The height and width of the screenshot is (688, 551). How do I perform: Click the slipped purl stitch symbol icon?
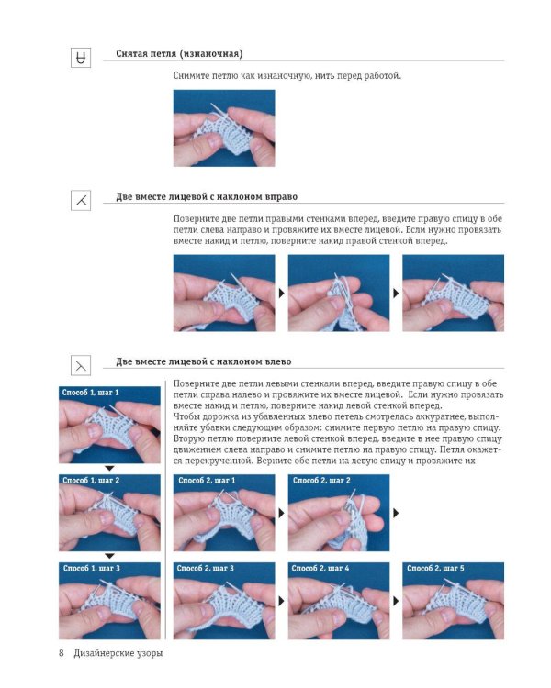(81, 58)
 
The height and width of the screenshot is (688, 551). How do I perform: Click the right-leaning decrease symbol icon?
(81, 201)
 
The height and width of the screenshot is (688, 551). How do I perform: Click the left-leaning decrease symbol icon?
(81, 365)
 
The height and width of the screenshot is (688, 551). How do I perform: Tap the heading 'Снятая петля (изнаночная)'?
(179, 54)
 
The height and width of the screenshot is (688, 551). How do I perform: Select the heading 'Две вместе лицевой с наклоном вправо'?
(207, 196)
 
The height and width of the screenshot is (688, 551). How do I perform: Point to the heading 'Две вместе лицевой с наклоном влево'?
(204, 361)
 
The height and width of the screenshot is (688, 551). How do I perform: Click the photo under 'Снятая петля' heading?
(224, 128)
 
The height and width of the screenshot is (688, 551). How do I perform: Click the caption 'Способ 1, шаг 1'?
(91, 393)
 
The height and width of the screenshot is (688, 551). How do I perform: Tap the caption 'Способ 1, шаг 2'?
(91, 480)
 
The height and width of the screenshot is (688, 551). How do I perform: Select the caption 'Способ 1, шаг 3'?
(92, 568)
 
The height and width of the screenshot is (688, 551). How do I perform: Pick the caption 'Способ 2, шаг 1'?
(207, 481)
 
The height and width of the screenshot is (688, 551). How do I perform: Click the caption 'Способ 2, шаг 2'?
(321, 481)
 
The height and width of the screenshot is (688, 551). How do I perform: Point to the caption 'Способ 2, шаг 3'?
(205, 568)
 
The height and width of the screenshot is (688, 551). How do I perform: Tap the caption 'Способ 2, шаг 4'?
(320, 568)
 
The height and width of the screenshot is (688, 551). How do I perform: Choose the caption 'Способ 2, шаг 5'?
(435, 568)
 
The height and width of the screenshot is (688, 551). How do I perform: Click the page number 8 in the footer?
(62, 653)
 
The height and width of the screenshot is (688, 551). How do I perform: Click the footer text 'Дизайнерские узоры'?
(118, 653)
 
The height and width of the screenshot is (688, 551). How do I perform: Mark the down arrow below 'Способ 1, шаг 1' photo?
(109, 469)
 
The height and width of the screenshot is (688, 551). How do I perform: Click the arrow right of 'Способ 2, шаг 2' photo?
(396, 513)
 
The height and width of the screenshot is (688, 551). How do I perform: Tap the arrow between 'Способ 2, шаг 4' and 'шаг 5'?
(396, 601)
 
